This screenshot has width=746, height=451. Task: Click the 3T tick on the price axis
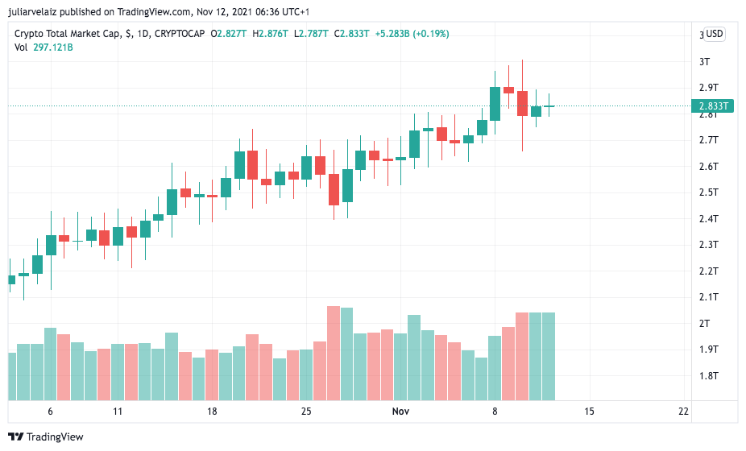point(704,61)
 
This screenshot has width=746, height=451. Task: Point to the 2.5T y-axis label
point(708,192)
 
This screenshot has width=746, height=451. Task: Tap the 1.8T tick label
point(708,376)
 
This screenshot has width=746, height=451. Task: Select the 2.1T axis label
point(708,297)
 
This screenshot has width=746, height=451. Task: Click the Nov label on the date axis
point(400,412)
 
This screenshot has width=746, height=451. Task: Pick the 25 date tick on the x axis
point(306,412)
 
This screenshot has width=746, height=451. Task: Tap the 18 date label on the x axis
point(212,412)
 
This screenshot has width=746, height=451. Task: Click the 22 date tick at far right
point(683,412)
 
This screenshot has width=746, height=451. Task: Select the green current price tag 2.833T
point(713,106)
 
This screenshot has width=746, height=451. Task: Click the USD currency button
point(715,34)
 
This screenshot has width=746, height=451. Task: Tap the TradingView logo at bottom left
point(48,437)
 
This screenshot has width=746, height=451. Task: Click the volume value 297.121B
point(53,48)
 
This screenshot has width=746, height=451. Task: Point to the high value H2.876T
point(272,34)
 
